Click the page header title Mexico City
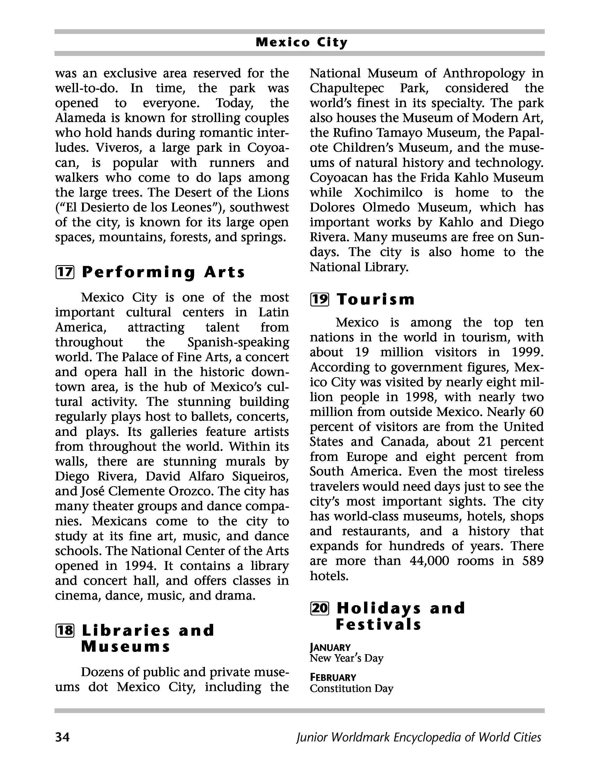(302, 42)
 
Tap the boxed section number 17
(65, 273)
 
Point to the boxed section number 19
(319, 300)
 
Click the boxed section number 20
(319, 608)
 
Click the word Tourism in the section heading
(376, 300)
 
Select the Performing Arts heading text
(163, 273)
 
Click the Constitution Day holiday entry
(351, 688)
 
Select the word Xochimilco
(388, 192)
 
